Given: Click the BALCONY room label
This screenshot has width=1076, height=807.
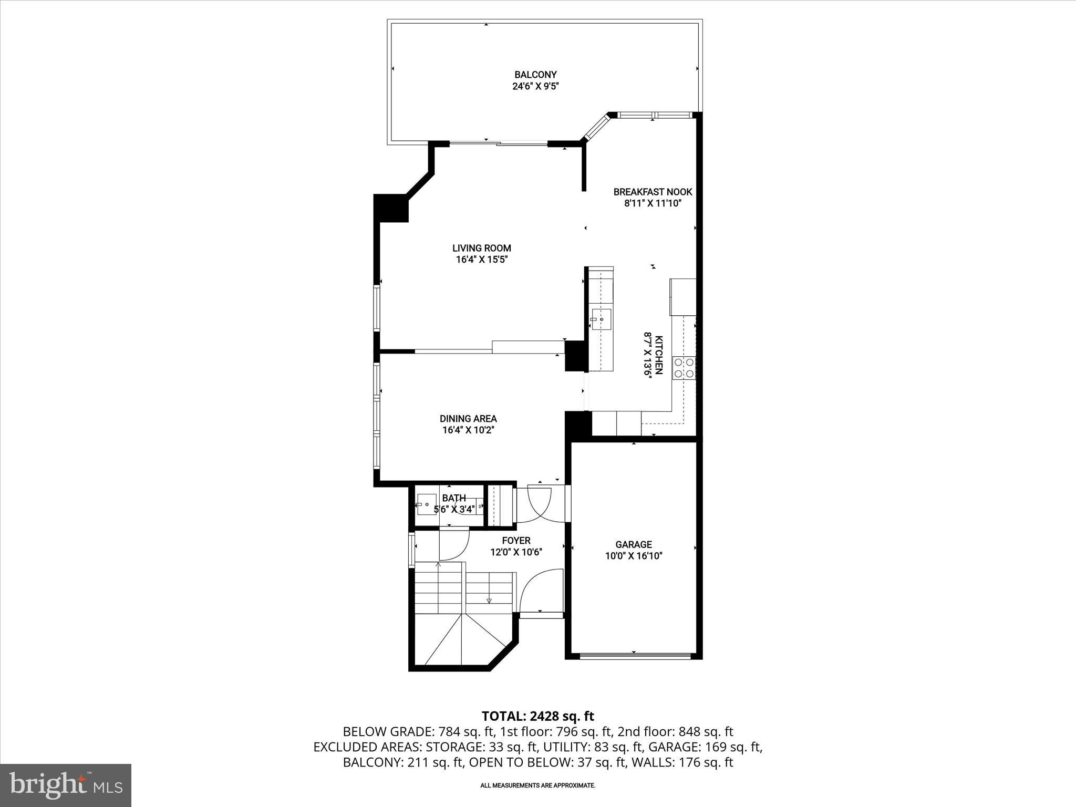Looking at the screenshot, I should pyautogui.click(x=535, y=75).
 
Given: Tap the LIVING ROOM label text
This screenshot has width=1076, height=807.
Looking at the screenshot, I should pyautogui.click(x=482, y=248).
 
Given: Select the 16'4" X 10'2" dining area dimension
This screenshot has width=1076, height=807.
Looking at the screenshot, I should pyautogui.click(x=468, y=430).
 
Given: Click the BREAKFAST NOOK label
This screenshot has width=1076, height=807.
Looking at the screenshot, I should pyautogui.click(x=653, y=192).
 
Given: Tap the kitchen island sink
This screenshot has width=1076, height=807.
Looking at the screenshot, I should pyautogui.click(x=601, y=319).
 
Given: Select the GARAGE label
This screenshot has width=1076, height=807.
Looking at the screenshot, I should pyautogui.click(x=634, y=545).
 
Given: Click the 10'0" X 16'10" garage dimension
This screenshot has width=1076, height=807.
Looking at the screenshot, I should pyautogui.click(x=634, y=556).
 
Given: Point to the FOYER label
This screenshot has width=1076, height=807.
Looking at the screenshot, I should pyautogui.click(x=516, y=540).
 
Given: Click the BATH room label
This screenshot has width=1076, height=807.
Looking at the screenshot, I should pyautogui.click(x=454, y=498).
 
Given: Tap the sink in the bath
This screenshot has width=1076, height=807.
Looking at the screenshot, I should pyautogui.click(x=426, y=504).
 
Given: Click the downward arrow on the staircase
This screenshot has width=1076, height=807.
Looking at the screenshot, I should pyautogui.click(x=489, y=600).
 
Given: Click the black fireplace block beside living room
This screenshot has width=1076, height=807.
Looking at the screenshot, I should pyautogui.click(x=391, y=208).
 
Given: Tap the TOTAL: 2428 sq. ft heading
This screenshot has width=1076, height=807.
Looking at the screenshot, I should pyautogui.click(x=537, y=716).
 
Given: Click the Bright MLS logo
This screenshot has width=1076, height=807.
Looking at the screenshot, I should pyautogui.click(x=66, y=785).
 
